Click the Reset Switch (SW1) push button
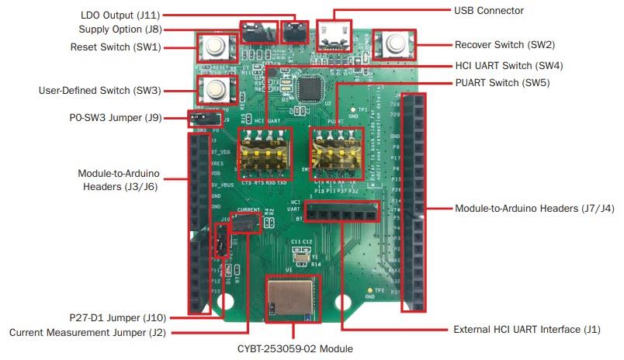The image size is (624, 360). [x=213, y=47]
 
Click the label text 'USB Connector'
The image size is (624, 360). [x=488, y=11]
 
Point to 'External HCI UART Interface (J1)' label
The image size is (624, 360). [x=527, y=330]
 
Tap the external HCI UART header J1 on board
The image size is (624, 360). [x=341, y=209]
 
